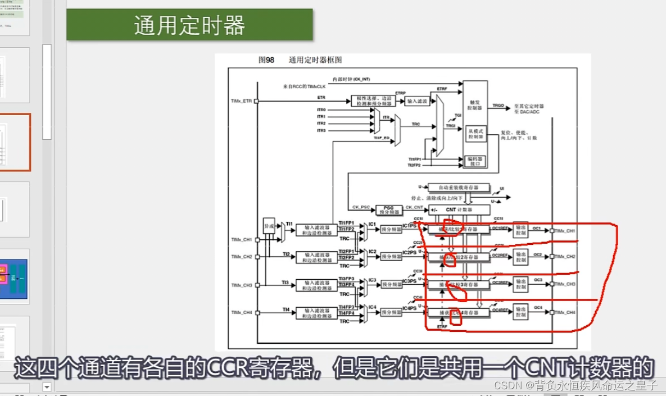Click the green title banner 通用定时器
pos(189,25)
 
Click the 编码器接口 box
pos(475,162)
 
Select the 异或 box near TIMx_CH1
pos(269,226)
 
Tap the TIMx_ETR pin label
pos(241,101)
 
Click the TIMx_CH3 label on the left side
pos(242,285)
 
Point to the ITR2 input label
pos(321,124)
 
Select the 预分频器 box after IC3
pos(391,284)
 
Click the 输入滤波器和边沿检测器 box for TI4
pos(315,312)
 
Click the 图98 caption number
pos(266,60)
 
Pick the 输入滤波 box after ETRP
pos(417,101)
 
